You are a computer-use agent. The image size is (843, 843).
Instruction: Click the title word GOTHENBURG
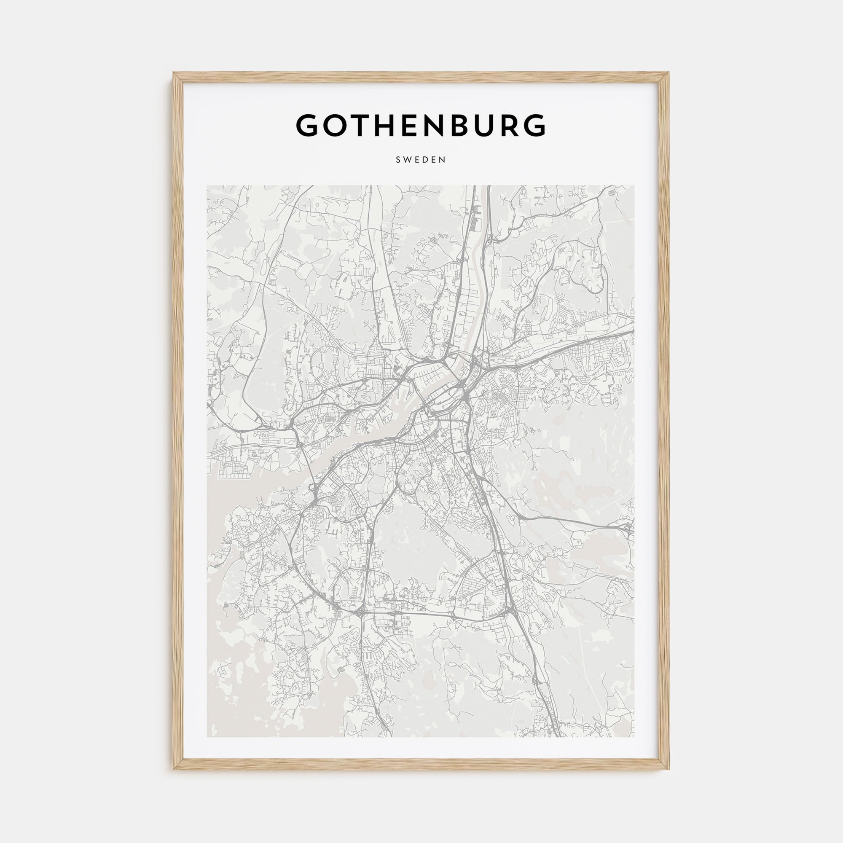coord(421,126)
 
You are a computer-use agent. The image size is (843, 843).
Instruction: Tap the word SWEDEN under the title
coord(421,160)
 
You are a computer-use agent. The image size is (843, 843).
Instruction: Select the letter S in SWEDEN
coord(398,160)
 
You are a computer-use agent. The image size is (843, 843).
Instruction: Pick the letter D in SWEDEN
coord(424,160)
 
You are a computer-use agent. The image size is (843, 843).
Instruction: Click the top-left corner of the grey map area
coord(207,186)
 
